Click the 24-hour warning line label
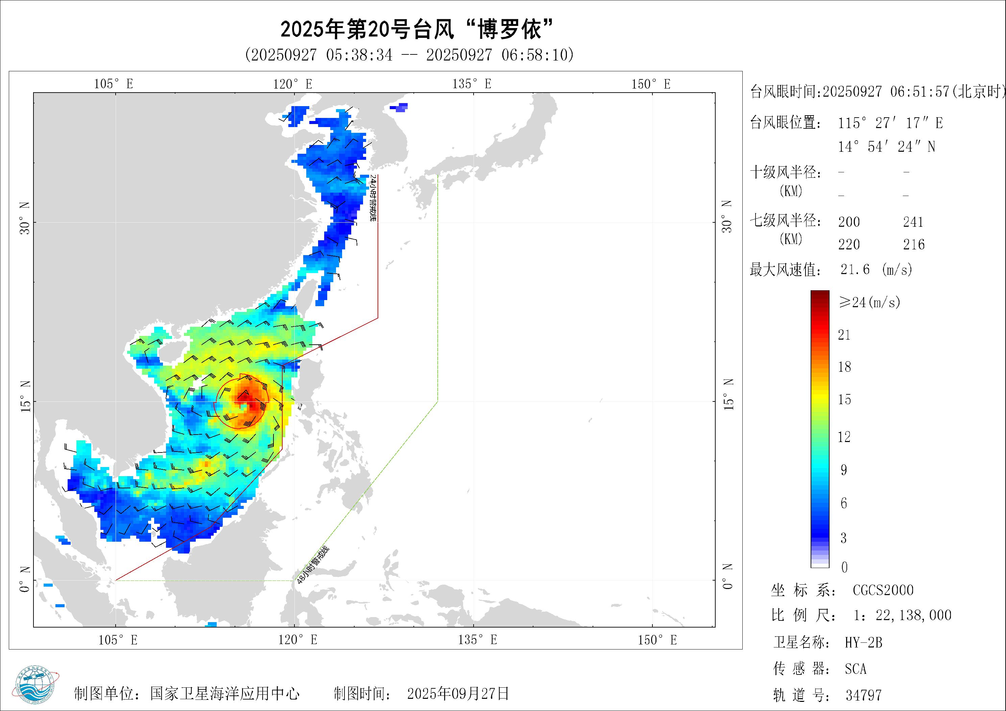tap(373, 198)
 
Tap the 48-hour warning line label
tap(312, 565)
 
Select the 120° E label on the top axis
tap(293, 84)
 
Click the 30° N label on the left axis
tap(25, 219)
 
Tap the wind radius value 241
tap(913, 222)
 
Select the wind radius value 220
tap(849, 244)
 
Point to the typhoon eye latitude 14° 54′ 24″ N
tap(886, 147)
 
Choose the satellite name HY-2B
tap(863, 643)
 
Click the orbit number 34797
tap(863, 695)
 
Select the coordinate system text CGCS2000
tap(883, 590)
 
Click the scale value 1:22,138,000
tap(902, 615)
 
